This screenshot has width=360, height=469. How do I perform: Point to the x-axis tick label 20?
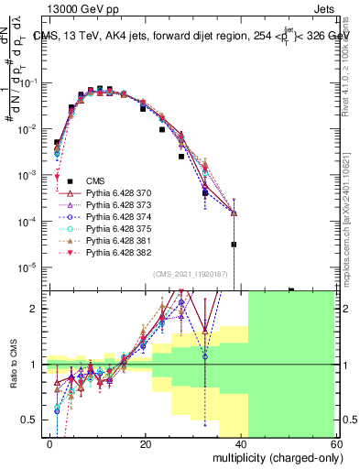pos(146,444)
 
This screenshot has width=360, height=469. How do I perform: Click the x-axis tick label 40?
pos(242,444)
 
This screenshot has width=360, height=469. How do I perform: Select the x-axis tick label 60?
pos(338,444)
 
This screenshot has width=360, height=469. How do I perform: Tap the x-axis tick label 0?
pos(50,444)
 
